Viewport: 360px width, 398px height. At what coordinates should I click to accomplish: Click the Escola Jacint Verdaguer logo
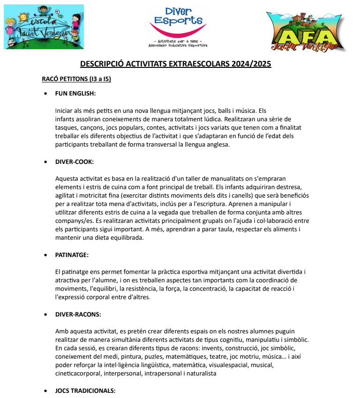coord(44,27)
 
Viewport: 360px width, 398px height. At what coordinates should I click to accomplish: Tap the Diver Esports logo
coord(178,27)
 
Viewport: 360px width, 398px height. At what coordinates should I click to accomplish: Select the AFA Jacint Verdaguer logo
coord(306,31)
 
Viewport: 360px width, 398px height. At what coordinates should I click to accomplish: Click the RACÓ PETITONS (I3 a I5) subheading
coord(76,79)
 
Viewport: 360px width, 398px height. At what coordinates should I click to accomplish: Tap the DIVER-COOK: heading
coord(75,162)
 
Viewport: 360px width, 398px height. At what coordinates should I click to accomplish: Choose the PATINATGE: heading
coord(72,255)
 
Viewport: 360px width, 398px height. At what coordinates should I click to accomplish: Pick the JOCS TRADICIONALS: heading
coord(85,391)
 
